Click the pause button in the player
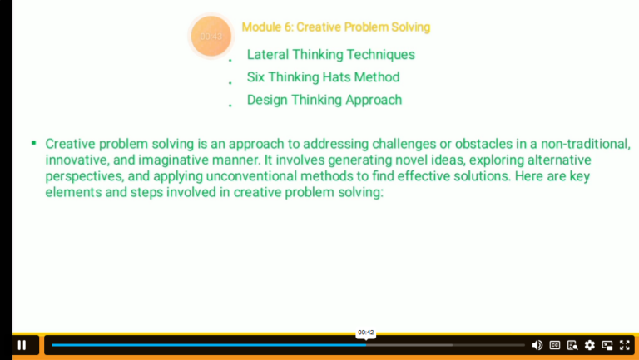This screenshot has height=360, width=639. coord(22,345)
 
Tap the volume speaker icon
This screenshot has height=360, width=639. coord(537,345)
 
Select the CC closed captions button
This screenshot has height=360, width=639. coord(554,345)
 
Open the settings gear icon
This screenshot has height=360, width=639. coord(590,345)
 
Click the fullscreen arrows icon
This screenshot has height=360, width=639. coord(625,345)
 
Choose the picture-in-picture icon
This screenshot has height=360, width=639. coord(607,345)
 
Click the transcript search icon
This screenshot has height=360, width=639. coord(572,345)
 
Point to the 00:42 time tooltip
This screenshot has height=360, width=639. coord(365,333)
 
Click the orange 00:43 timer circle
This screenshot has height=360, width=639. coord(211,37)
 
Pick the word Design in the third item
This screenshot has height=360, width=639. coord(266,100)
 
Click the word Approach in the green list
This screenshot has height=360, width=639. coord(370,100)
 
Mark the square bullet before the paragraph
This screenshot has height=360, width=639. coord(33,143)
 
